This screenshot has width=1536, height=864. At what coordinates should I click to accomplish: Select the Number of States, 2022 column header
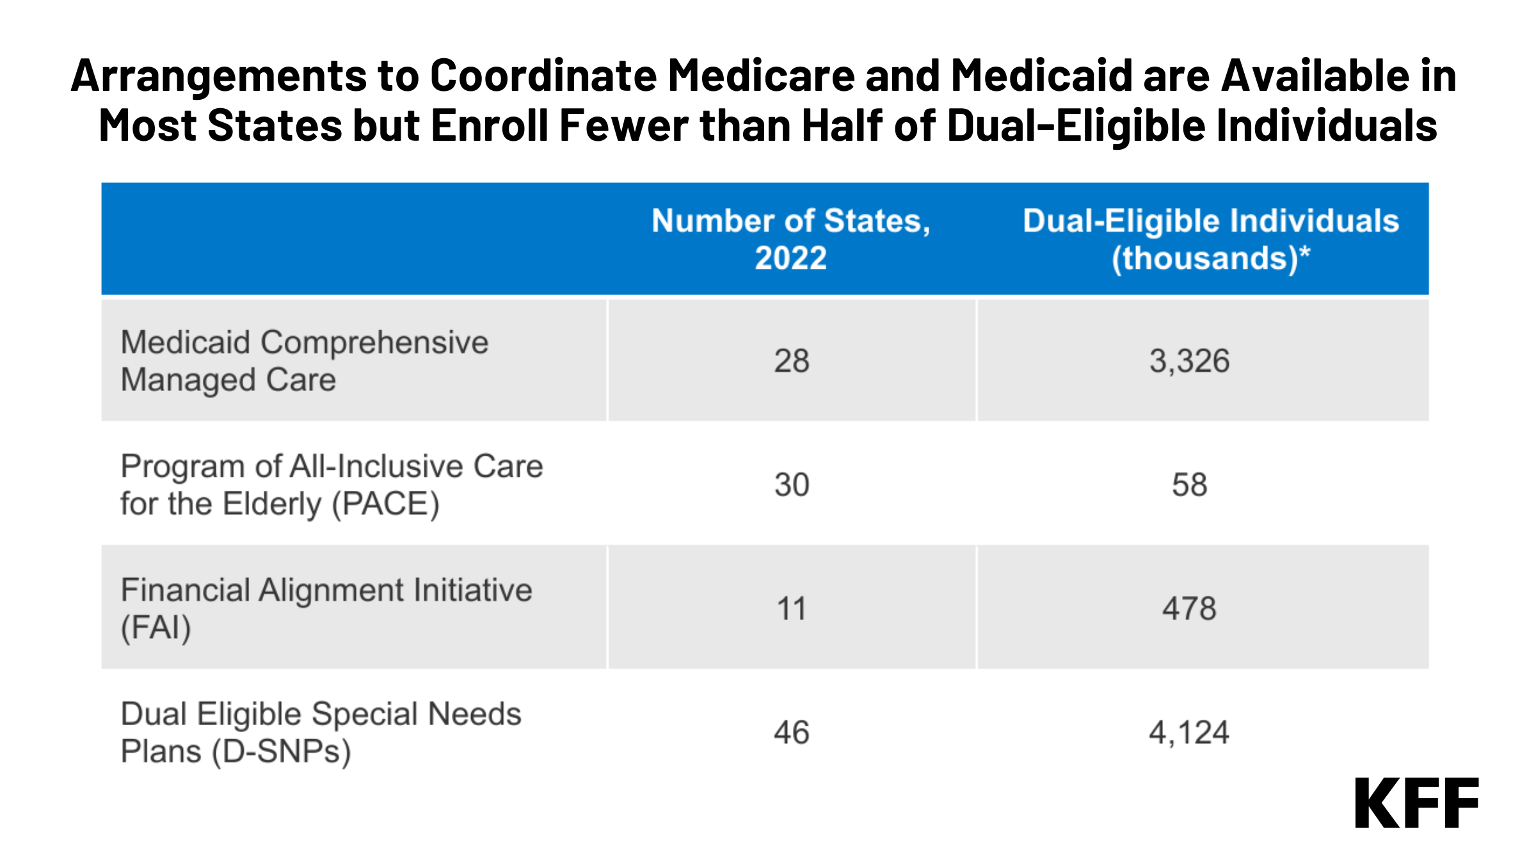791,239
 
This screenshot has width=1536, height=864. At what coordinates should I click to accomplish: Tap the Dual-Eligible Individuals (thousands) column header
1210,239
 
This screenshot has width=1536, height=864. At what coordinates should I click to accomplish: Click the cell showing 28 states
792,361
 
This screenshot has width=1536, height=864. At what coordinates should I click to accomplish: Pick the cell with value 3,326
1189,361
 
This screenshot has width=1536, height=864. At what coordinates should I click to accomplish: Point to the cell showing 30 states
792,484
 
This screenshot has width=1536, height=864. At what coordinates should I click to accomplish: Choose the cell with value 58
1189,484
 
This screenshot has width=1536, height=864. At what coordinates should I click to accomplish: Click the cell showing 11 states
792,608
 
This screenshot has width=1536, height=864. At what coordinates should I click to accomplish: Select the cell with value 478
1189,608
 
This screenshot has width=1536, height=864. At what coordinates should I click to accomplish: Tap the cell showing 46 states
792,732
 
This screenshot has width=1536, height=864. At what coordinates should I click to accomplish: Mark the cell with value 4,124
1189,732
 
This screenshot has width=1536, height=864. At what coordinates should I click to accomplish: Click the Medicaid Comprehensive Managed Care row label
304,361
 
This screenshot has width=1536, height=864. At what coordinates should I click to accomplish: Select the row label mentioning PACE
331,484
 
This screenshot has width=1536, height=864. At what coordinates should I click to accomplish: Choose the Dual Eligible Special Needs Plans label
321,732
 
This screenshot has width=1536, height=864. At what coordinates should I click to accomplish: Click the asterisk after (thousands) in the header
1305,252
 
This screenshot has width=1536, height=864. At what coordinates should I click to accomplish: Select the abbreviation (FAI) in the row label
156,628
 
